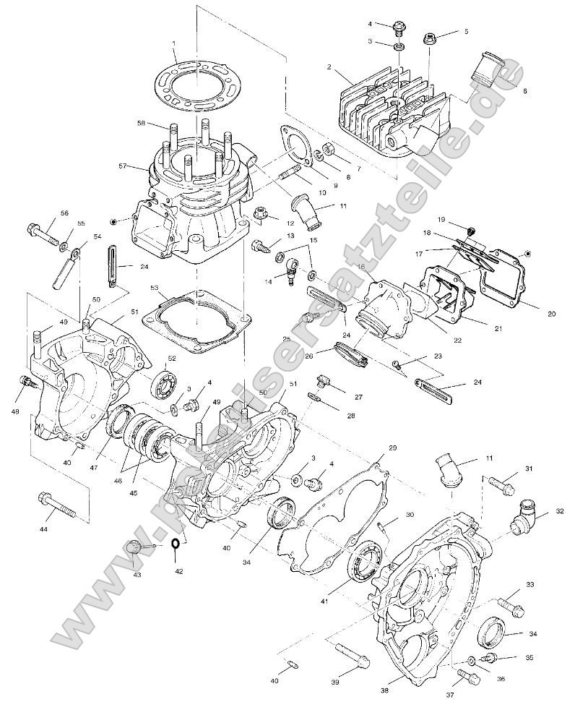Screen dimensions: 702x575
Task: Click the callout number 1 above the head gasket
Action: coord(175,43)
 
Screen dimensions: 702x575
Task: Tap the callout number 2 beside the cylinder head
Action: coord(329,67)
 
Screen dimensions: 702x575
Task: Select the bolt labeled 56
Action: coord(43,233)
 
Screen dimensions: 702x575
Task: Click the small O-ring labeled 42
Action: coord(176,544)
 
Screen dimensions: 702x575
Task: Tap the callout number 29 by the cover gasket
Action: coord(393,448)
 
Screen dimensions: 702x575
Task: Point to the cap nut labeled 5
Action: coord(431,37)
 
